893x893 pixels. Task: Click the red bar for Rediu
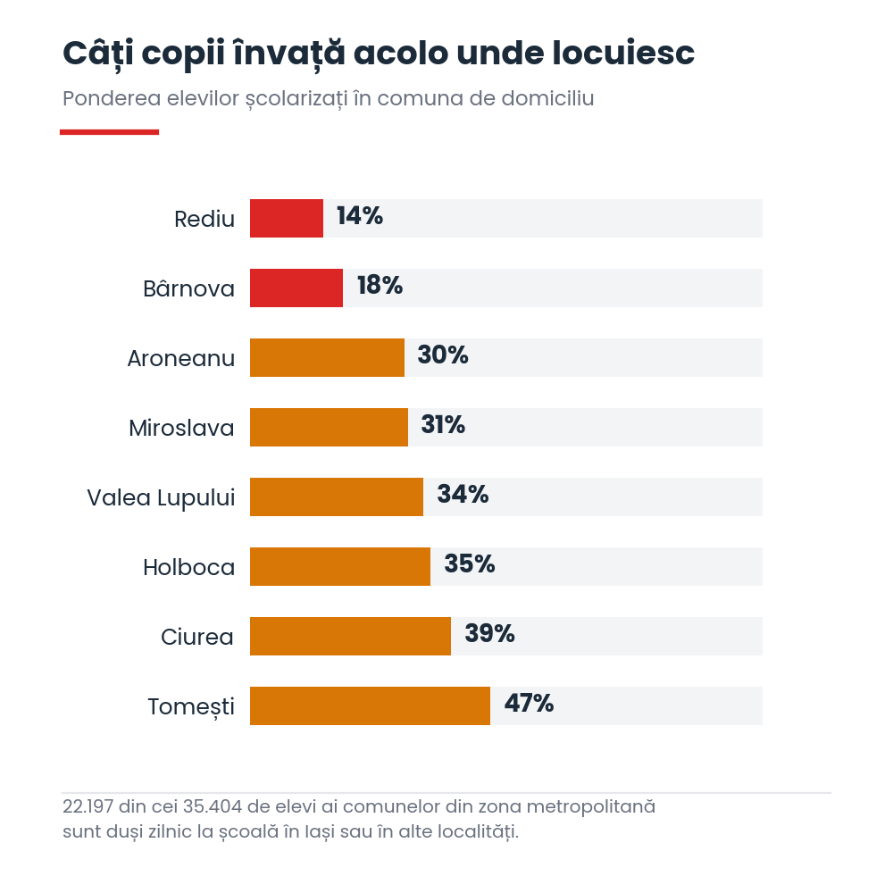[x=287, y=218]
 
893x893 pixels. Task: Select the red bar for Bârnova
[x=296, y=288]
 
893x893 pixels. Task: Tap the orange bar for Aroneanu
[x=327, y=358]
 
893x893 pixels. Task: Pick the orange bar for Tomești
[x=370, y=705]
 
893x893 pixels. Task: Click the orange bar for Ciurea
[x=350, y=636]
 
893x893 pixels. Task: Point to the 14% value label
[x=359, y=216]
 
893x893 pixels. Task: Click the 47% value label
[x=529, y=704]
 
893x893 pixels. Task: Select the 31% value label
[x=443, y=425]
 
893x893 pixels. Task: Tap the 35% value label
[x=470, y=563]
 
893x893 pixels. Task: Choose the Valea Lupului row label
[x=161, y=497]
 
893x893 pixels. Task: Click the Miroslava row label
[x=181, y=429]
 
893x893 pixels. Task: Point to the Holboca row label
[x=189, y=567]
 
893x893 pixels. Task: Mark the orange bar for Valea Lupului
[x=337, y=497]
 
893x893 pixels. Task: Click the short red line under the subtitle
[x=109, y=132]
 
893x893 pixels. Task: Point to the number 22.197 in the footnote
[x=88, y=806]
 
